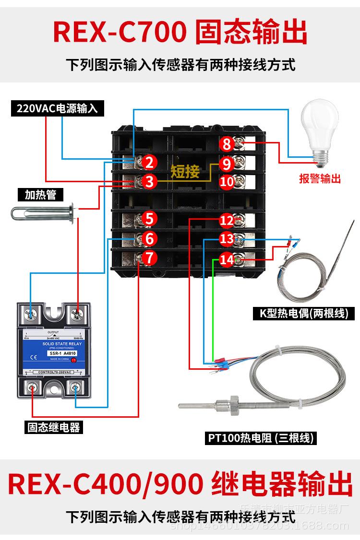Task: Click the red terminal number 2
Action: click(x=149, y=163)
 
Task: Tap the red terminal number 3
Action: click(x=149, y=182)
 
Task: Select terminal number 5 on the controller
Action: click(x=149, y=219)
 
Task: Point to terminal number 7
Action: click(x=149, y=258)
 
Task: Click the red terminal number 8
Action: click(x=227, y=144)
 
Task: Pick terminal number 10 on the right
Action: click(x=227, y=182)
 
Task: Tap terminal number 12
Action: click(x=227, y=221)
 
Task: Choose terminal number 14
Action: click(x=227, y=260)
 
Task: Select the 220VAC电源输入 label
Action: click(x=57, y=108)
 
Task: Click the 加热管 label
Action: click(x=41, y=194)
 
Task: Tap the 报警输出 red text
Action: click(x=320, y=179)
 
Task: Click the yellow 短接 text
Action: click(x=185, y=171)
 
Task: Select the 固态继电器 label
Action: click(x=54, y=426)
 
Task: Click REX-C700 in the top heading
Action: click(x=120, y=33)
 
